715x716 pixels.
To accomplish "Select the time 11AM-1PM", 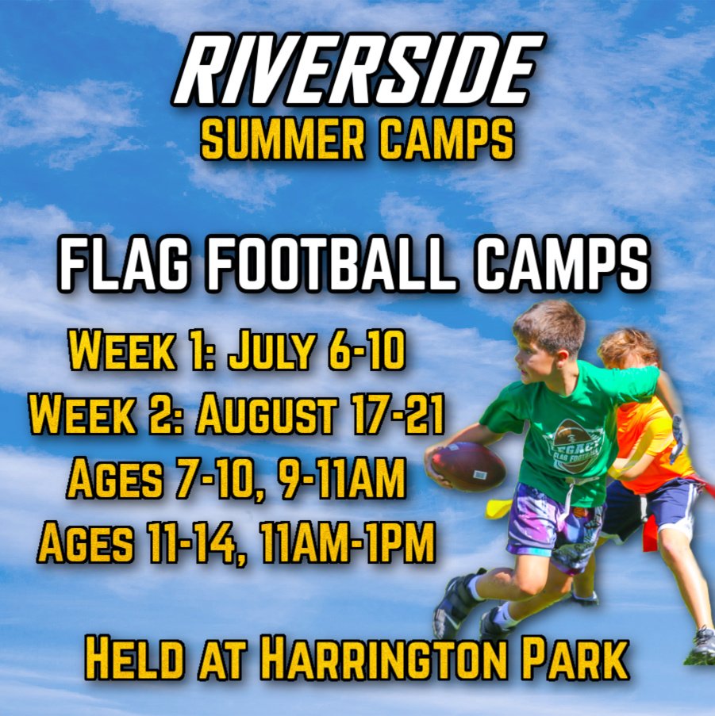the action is pos(347,542).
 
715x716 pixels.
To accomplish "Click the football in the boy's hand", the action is pos(468,466).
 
